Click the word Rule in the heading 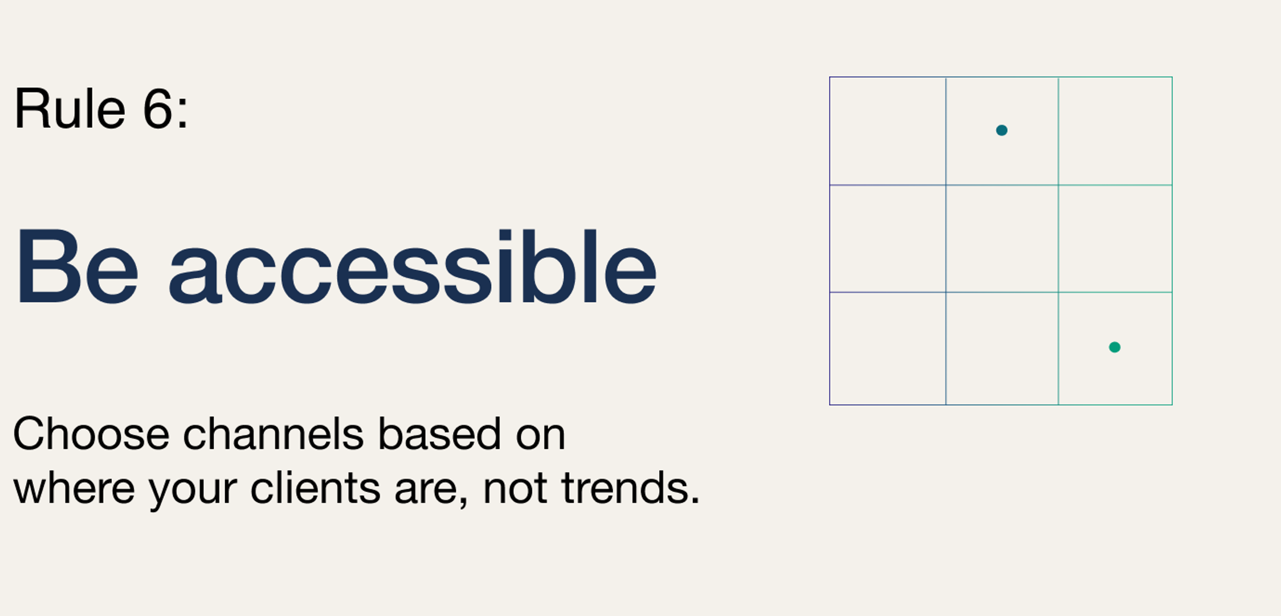[x=70, y=108]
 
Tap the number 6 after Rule [x=157, y=108]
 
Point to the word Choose [x=91, y=433]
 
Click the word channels [x=273, y=433]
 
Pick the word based [x=439, y=433]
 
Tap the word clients [x=315, y=488]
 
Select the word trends [x=630, y=488]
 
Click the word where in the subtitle [x=74, y=488]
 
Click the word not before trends [x=515, y=489]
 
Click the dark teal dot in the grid [x=1001, y=130]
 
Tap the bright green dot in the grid [x=1115, y=347]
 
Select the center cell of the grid [x=1002, y=238]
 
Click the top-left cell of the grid [x=888, y=131]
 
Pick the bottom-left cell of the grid [x=888, y=348]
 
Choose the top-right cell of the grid [x=1115, y=131]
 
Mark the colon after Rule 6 [x=182, y=112]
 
